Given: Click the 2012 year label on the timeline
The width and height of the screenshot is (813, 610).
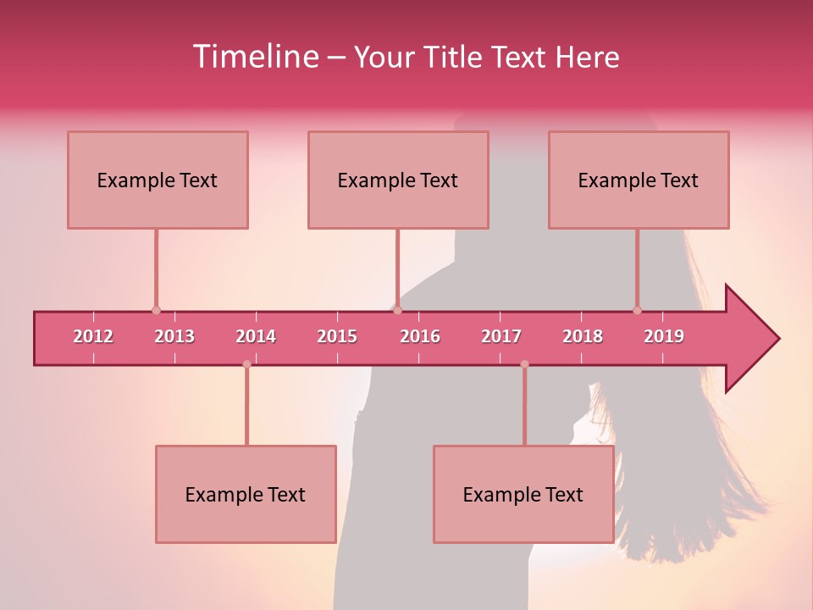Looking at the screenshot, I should pyautogui.click(x=93, y=336).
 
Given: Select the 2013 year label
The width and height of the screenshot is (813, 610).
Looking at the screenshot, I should pyautogui.click(x=174, y=336).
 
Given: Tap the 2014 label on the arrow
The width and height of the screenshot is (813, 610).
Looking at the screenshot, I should pyautogui.click(x=256, y=336).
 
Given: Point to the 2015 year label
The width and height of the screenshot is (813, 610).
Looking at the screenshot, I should pyautogui.click(x=337, y=336).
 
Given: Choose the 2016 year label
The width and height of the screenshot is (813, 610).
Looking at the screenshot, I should pyautogui.click(x=420, y=336).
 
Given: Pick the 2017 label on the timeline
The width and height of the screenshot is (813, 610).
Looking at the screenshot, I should pyautogui.click(x=501, y=336).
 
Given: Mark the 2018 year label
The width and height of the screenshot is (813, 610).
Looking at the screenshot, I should pyautogui.click(x=583, y=336).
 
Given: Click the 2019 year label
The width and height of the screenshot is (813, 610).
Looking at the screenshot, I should pyautogui.click(x=664, y=336).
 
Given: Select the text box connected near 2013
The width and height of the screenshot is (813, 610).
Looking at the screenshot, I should pyautogui.click(x=158, y=180).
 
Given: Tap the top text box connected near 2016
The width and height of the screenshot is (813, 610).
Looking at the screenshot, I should pyautogui.click(x=398, y=180).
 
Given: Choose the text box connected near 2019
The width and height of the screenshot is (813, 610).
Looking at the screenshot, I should pyautogui.click(x=639, y=180).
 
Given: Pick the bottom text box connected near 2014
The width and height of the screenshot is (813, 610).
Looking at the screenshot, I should pyautogui.click(x=246, y=494).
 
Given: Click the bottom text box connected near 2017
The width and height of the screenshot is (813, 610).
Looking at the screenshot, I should pyautogui.click(x=523, y=494).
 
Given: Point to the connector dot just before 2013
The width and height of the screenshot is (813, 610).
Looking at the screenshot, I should pyautogui.click(x=156, y=311).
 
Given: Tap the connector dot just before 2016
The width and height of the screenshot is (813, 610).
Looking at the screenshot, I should pyautogui.click(x=397, y=311).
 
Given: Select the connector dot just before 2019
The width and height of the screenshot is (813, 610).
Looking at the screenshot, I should pyautogui.click(x=637, y=311).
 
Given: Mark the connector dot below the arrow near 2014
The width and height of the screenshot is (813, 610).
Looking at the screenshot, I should pyautogui.click(x=246, y=364).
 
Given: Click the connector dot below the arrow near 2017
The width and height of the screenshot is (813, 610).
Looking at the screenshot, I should pyautogui.click(x=524, y=364).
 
